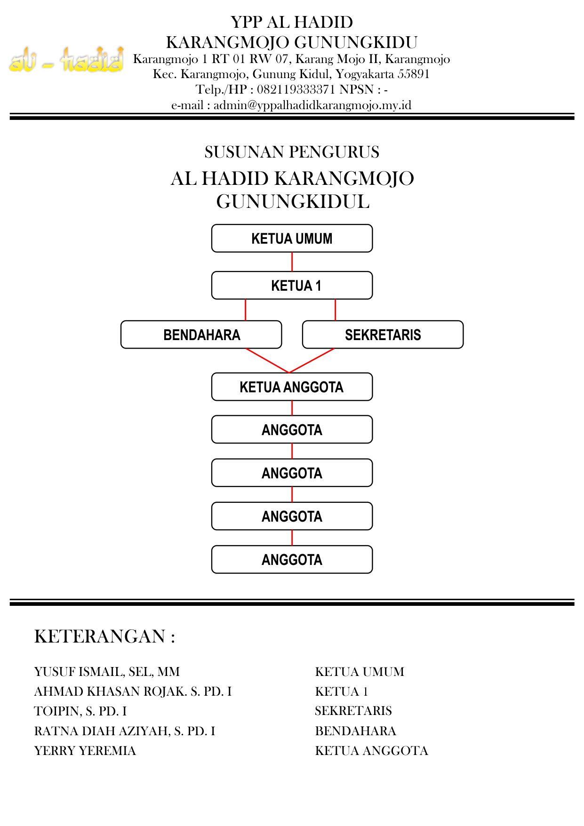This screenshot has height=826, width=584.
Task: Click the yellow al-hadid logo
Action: pyautogui.click(x=66, y=60)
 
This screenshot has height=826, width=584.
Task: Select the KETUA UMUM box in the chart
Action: pyautogui.click(x=292, y=238)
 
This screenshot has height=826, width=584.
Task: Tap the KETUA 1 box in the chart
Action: pyautogui.click(x=292, y=286)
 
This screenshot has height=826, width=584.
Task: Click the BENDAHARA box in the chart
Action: pyautogui.click(x=201, y=335)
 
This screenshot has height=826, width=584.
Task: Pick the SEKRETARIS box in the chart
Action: pyautogui.click(x=383, y=335)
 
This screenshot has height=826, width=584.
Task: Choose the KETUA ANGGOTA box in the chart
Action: pyautogui.click(x=292, y=387)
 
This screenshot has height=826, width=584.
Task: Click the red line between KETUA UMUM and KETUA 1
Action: pyautogui.click(x=292, y=262)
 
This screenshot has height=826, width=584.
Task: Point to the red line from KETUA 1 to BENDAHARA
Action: pyautogui.click(x=246, y=310)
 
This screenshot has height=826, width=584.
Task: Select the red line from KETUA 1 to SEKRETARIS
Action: pyautogui.click(x=335, y=310)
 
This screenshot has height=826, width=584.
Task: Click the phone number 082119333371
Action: pyautogui.click(x=296, y=89)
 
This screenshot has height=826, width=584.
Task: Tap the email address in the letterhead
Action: pyautogui.click(x=312, y=105)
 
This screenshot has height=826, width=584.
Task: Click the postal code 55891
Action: pyautogui.click(x=414, y=74)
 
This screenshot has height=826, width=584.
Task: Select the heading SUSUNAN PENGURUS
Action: pyautogui.click(x=292, y=152)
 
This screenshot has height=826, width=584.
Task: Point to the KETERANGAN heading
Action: pyautogui.click(x=104, y=636)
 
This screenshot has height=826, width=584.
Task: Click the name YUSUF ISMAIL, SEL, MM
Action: pyautogui.click(x=107, y=672)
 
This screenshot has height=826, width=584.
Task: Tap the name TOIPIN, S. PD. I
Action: pyautogui.click(x=80, y=711)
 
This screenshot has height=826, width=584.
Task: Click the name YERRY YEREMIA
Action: pyautogui.click(x=85, y=751)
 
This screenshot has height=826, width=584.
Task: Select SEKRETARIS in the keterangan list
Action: pyautogui.click(x=353, y=711)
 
